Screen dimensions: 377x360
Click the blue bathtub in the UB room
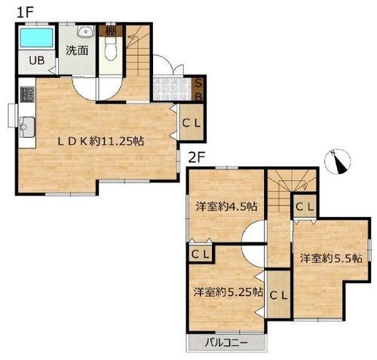[x=37, y=38]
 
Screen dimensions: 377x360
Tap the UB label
[x=37, y=60]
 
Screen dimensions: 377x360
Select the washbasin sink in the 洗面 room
[x=85, y=32]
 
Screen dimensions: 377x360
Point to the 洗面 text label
[x=77, y=50]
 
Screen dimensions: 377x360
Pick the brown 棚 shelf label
[x=111, y=31]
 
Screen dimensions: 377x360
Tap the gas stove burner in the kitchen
[x=27, y=94]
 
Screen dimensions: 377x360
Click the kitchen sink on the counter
[x=27, y=127]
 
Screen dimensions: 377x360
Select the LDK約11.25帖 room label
[x=101, y=142]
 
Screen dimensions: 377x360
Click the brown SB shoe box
[x=198, y=90]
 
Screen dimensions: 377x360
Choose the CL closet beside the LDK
[x=192, y=122]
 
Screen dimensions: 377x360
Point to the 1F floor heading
[x=25, y=13]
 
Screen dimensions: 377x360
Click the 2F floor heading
[x=197, y=157]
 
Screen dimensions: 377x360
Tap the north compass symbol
[x=337, y=161]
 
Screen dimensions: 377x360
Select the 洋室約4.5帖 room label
[x=226, y=206]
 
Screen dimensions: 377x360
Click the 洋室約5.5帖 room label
[x=331, y=258]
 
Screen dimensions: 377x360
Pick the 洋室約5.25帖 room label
[x=228, y=292]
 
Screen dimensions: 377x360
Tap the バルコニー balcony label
[x=226, y=343]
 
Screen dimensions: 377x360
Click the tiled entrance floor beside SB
[x=173, y=90]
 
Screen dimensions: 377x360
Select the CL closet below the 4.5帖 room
[x=201, y=255]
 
